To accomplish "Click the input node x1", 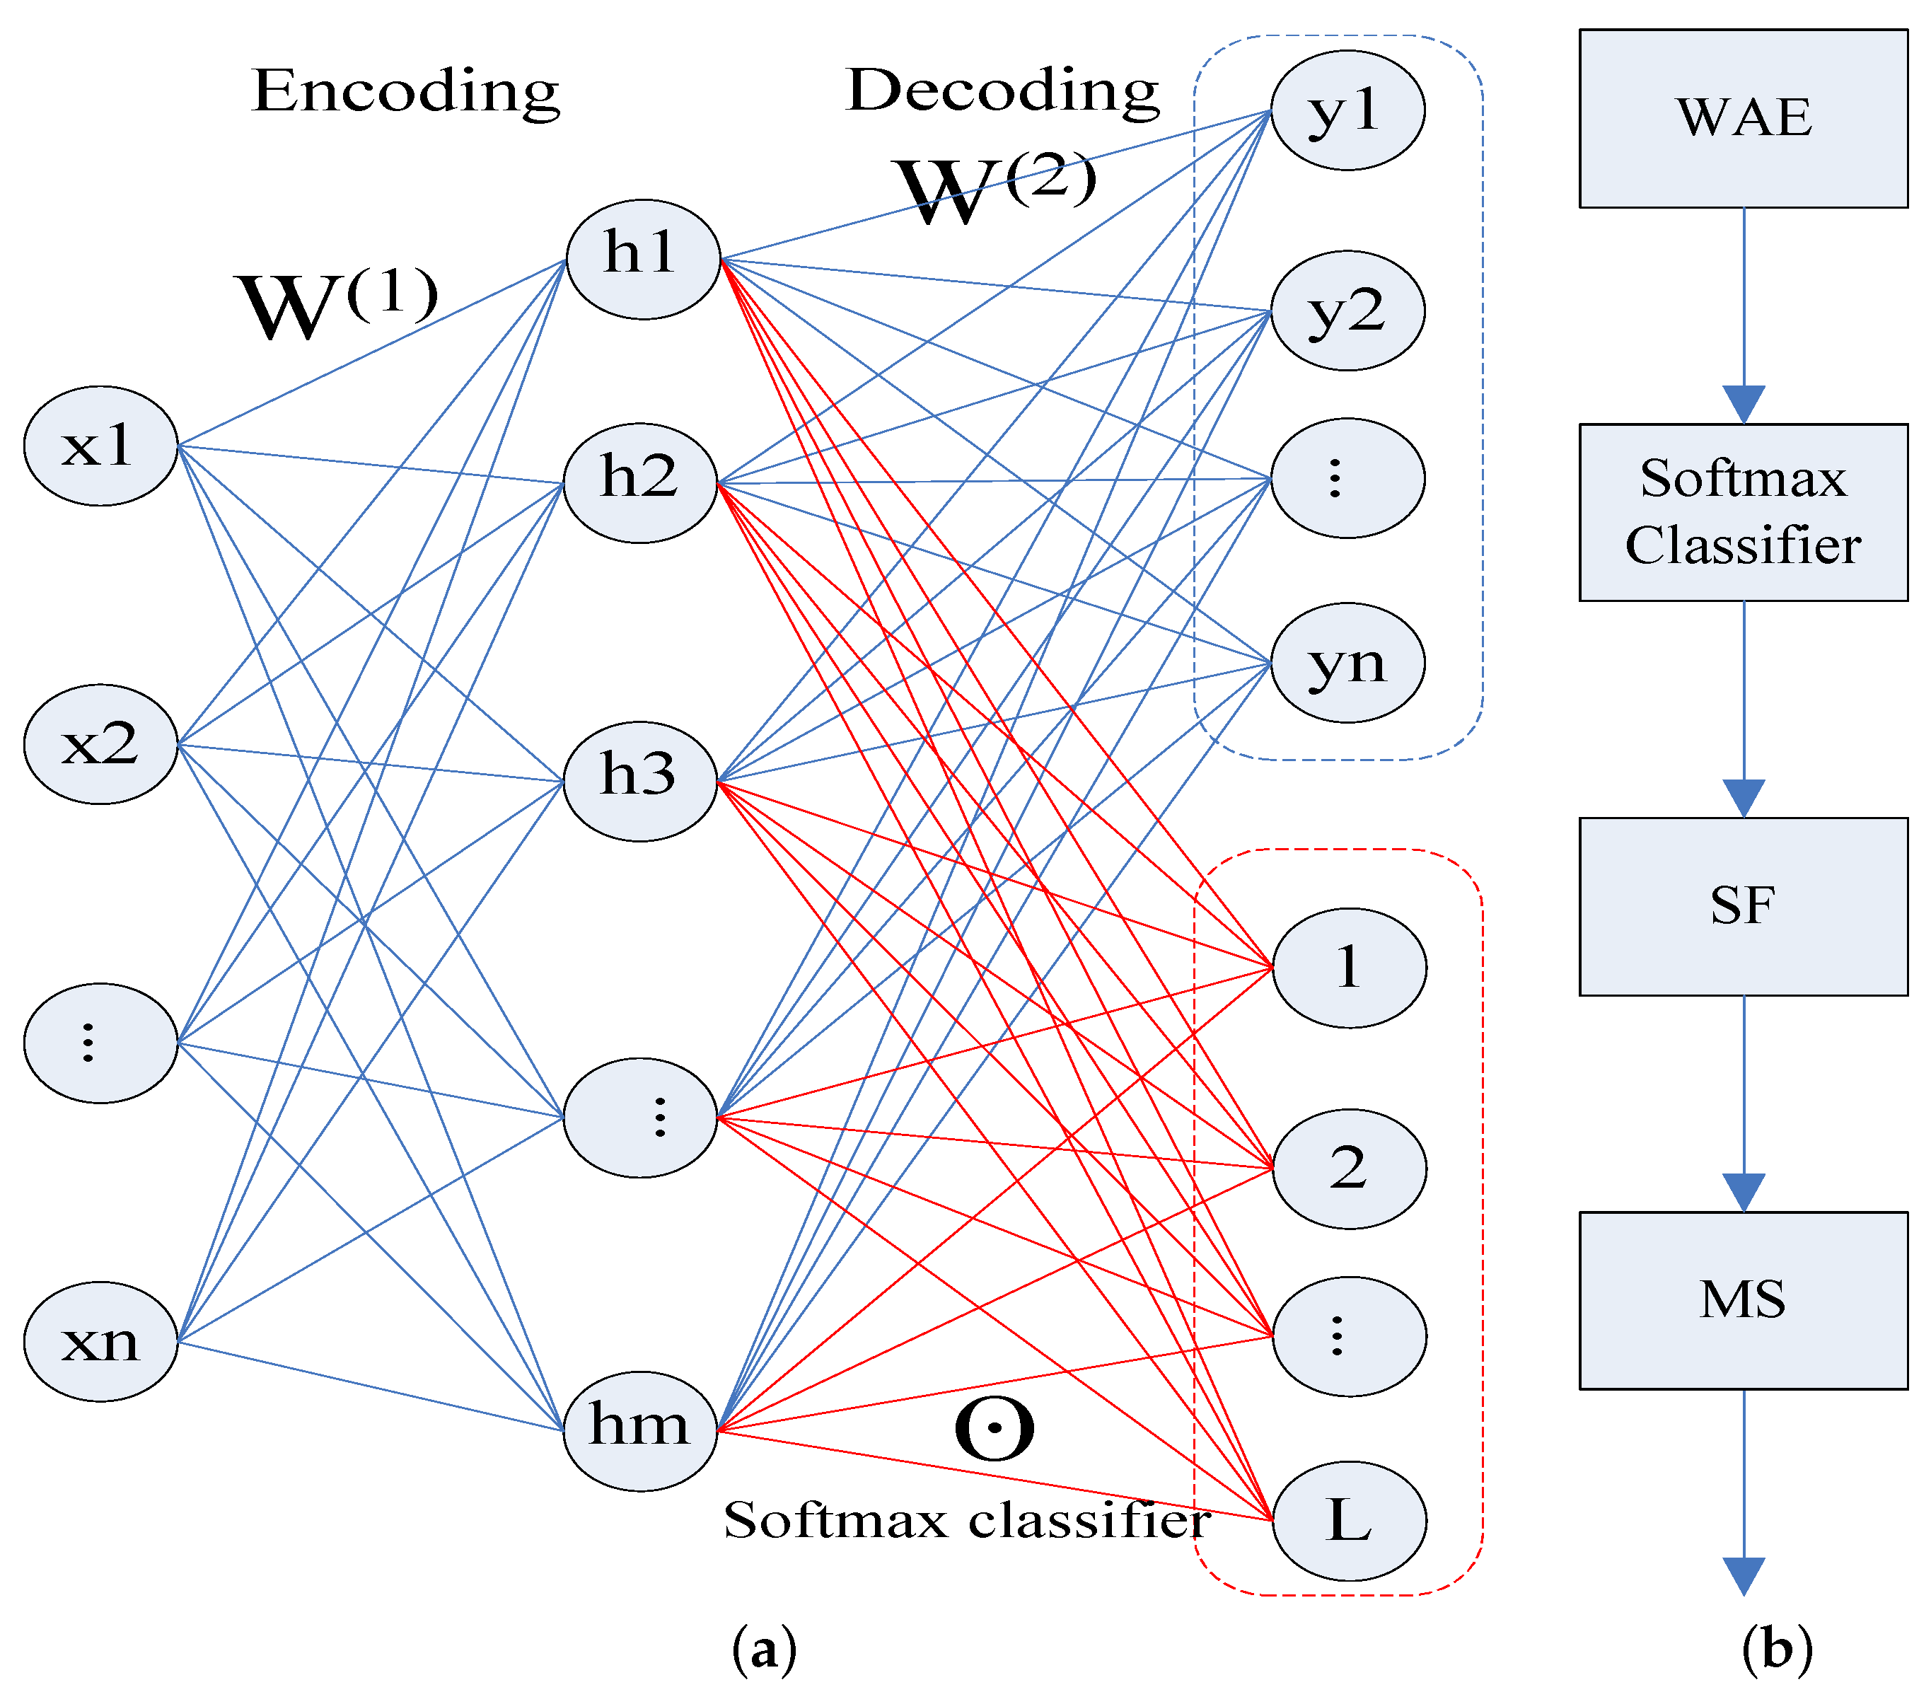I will pyautogui.click(x=100, y=446).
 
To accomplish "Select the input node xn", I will pyautogui.click(x=100, y=1340).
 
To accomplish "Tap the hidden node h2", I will pyautogui.click(x=640, y=482).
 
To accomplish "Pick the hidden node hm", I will pyautogui.click(x=640, y=1430).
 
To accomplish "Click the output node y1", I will pyautogui.click(x=1347, y=110).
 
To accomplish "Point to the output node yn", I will pyautogui.click(x=1347, y=663).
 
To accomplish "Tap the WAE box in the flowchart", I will pyautogui.click(x=1742, y=118).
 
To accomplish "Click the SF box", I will pyautogui.click(x=1742, y=905).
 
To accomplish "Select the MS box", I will pyautogui.click(x=1742, y=1299).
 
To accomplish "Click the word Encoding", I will pyautogui.click(x=406, y=91).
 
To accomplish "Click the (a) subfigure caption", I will pyautogui.click(x=763, y=1647).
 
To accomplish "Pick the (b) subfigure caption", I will pyautogui.click(x=1776, y=1647).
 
